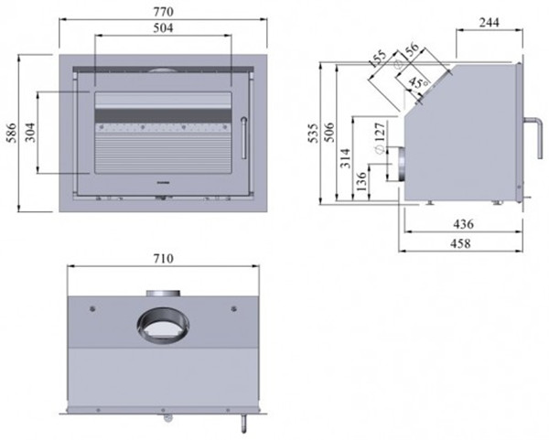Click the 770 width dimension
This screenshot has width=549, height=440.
(x=164, y=12)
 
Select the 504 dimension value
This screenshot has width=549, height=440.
(x=164, y=27)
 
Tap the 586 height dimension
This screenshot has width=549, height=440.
(x=12, y=133)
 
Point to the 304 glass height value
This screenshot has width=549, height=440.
(x=31, y=132)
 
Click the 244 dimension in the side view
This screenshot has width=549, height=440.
(x=490, y=22)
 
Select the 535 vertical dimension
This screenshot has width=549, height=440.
(x=313, y=133)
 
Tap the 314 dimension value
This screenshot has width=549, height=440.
(x=346, y=158)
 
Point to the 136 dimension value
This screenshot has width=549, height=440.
(x=361, y=181)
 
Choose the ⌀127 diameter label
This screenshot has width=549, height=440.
(x=380, y=137)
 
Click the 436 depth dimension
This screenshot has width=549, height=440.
(x=463, y=224)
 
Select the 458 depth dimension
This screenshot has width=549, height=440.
(x=459, y=243)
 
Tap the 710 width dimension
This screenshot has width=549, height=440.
(x=164, y=258)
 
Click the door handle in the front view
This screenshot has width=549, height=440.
(x=243, y=138)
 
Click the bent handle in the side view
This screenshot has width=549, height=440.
(x=534, y=137)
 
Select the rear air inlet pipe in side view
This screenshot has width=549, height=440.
(x=402, y=164)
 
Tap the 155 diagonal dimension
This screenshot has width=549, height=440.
(x=378, y=59)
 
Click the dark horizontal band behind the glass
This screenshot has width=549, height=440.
(x=163, y=115)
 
